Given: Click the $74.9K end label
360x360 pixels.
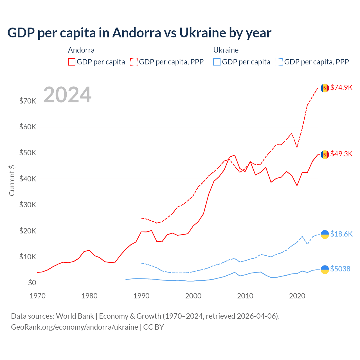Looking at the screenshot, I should click(341, 87).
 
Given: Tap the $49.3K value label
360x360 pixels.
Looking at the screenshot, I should click(341, 154).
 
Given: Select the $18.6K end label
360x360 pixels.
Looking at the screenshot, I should click(341, 234).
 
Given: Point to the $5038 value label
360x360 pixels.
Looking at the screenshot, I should click(340, 269).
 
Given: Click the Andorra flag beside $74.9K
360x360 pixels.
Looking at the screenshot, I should click(325, 88).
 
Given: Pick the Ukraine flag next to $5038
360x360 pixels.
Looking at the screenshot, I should click(325, 269).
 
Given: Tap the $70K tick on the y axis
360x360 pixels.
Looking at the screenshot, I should click(28, 101).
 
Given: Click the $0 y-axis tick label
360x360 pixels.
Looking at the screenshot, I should click(32, 283).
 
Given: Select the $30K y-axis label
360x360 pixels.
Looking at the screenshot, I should click(28, 205).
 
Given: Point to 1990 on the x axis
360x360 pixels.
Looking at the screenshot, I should click(141, 296).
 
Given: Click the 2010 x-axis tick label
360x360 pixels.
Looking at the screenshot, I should click(245, 296).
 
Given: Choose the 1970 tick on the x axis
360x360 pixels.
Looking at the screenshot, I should click(37, 296).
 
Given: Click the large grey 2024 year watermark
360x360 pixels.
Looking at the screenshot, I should click(67, 95).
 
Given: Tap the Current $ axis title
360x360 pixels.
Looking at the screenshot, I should click(12, 180).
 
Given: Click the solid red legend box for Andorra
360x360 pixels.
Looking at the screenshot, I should click(72, 62).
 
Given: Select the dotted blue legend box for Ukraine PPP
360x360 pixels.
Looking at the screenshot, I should click(279, 62).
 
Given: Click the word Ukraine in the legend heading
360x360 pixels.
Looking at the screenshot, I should click(226, 50).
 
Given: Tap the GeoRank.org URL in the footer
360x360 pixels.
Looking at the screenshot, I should click(75, 327).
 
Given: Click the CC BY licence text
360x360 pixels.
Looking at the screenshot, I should click(154, 327).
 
